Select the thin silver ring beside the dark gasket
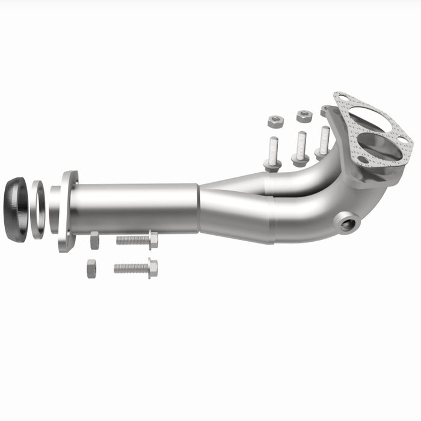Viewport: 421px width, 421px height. point(37,209)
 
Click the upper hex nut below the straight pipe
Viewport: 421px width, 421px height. point(95,240)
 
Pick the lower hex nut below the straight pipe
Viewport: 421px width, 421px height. point(91,268)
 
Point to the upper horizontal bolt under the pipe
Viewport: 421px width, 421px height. point(136,240)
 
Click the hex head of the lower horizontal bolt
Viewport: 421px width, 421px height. point(153,268)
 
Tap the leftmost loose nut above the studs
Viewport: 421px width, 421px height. point(275,121)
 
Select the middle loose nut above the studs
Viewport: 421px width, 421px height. point(304,116)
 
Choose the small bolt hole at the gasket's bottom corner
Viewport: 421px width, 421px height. point(363,160)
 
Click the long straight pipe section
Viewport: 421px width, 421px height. point(135,208)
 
